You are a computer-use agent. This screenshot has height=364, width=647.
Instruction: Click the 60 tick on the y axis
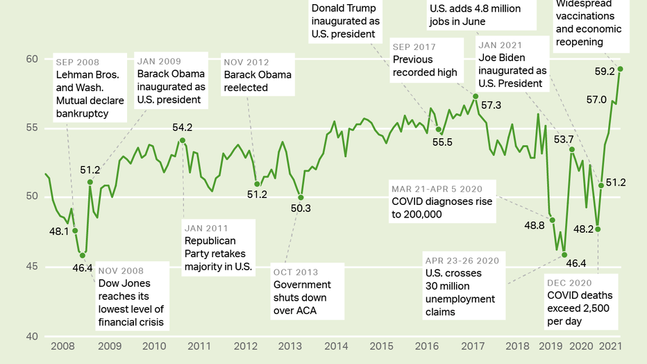coord(31,59)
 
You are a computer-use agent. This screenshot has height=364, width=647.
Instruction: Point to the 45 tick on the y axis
coord(31,267)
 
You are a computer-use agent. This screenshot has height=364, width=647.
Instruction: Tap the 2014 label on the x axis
coord(335,346)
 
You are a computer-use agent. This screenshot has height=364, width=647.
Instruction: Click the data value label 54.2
coord(182,128)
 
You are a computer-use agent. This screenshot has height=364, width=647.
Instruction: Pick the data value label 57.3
coord(491,105)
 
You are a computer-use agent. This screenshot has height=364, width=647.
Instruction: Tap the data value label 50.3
coord(300,208)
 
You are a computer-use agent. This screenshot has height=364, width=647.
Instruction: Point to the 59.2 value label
coord(605,72)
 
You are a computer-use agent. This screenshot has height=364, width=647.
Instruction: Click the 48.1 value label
coord(58,231)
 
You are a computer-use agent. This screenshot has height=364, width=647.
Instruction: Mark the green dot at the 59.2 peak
coord(621,69)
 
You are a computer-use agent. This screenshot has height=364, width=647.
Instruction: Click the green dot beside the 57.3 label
coord(476,96)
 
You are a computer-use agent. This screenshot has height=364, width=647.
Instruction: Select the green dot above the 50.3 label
coord(300,197)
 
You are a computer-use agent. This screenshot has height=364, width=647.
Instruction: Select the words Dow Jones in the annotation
coord(124,283)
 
